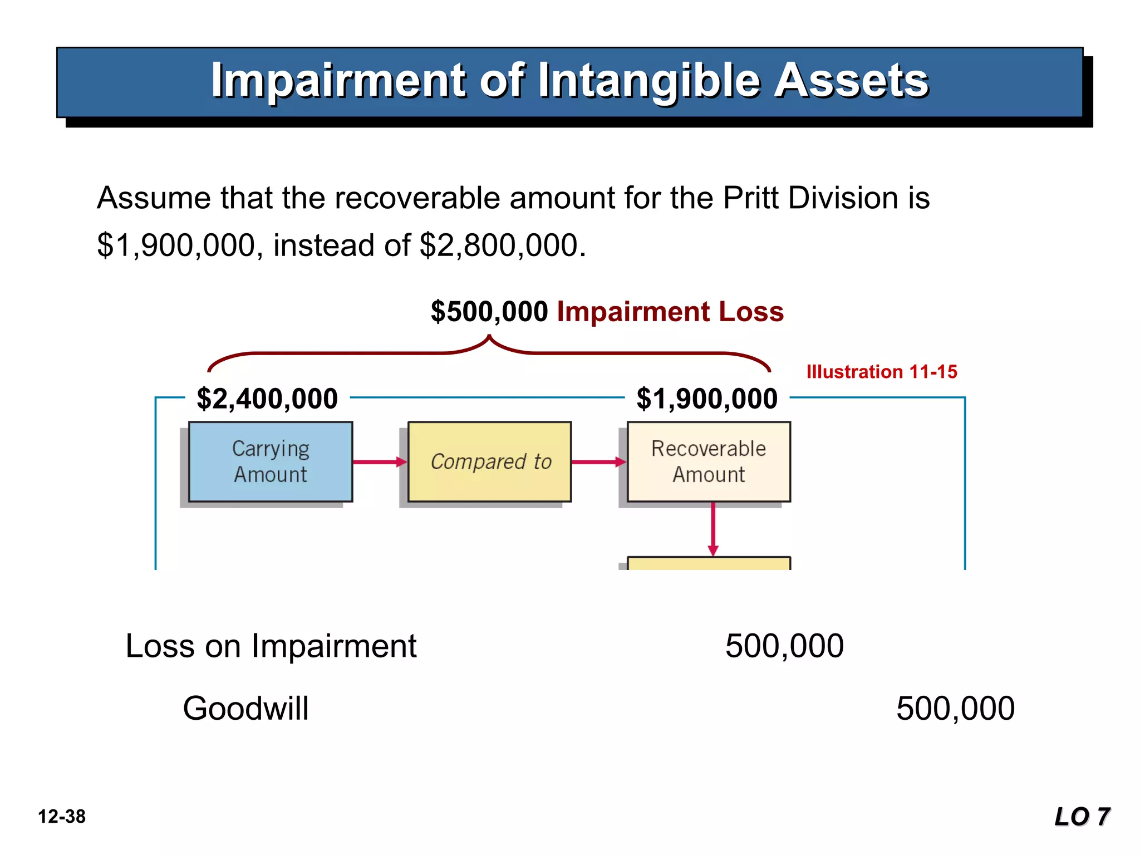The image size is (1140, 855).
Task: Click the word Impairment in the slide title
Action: [338, 81]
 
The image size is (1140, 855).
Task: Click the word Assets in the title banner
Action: [852, 81]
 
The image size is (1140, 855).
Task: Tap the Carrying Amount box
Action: [271, 461]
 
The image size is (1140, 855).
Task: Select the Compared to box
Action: [490, 461]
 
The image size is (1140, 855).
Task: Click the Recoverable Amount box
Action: [709, 461]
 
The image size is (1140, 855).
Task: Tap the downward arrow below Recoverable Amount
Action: [713, 529]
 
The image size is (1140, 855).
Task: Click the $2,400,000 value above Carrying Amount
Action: [267, 399]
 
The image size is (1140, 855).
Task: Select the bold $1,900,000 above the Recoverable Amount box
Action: [707, 399]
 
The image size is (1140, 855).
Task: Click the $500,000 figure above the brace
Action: [489, 312]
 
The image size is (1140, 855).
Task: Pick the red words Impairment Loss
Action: [670, 312]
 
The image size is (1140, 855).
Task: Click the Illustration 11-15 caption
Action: [882, 372]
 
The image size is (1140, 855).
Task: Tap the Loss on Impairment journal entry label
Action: [271, 646]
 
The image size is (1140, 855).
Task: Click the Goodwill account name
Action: [245, 709]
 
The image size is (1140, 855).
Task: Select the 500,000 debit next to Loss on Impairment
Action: [784, 646]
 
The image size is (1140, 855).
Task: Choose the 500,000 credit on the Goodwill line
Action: [955, 709]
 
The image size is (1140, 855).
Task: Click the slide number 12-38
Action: [62, 817]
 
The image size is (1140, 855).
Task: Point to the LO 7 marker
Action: [1082, 817]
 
